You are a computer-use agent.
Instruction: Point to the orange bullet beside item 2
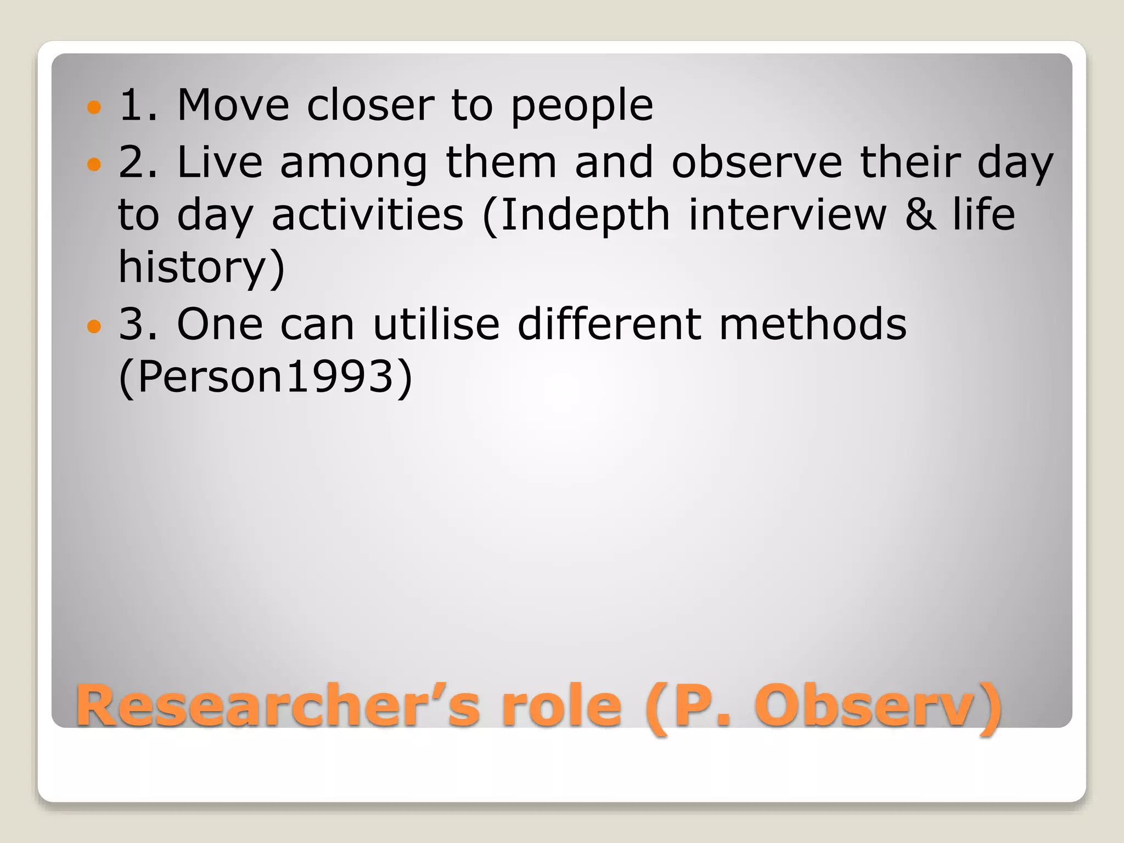[x=94, y=164]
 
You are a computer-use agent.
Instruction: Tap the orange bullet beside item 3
[x=94, y=327]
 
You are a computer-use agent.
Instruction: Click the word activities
[x=367, y=215]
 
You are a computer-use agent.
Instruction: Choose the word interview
[x=788, y=215]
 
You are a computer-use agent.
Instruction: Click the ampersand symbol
[x=920, y=215]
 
